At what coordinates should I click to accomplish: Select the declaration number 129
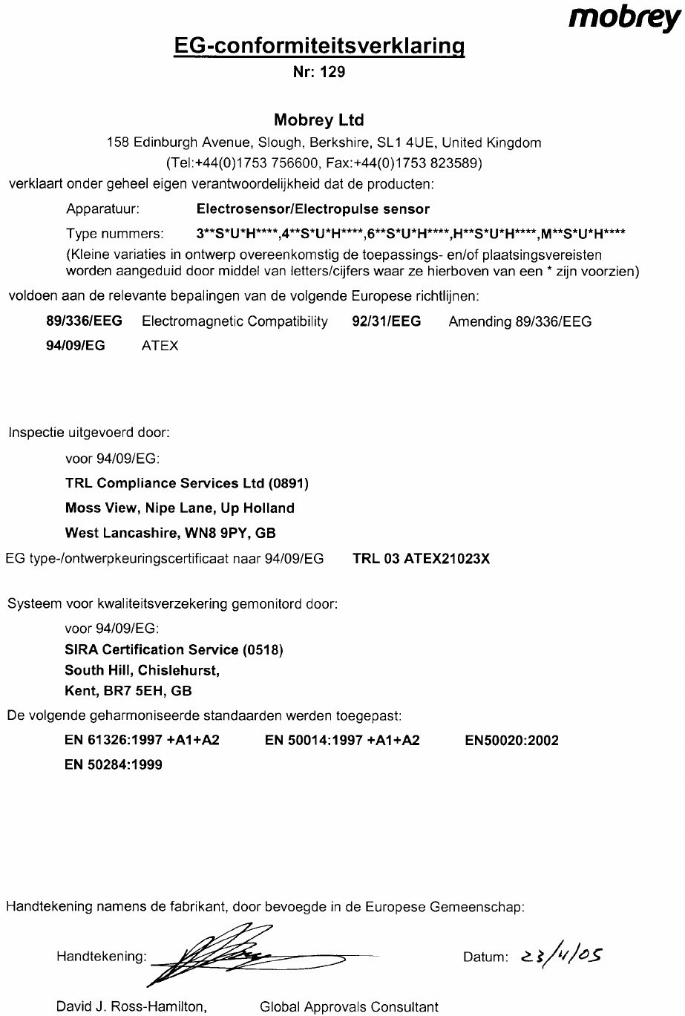(332, 73)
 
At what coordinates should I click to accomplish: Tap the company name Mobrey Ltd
(319, 119)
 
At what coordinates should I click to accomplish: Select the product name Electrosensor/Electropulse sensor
(312, 209)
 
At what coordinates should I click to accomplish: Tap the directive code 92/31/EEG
(385, 321)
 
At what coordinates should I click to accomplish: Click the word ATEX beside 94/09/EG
(160, 346)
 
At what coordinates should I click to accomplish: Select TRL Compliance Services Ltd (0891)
(187, 484)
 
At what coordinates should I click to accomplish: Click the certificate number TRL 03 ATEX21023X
(422, 559)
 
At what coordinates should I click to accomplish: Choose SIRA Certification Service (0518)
(174, 650)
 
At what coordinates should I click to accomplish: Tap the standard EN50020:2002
(511, 741)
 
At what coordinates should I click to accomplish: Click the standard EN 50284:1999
(114, 764)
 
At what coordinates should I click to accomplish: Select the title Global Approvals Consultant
(349, 1007)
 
